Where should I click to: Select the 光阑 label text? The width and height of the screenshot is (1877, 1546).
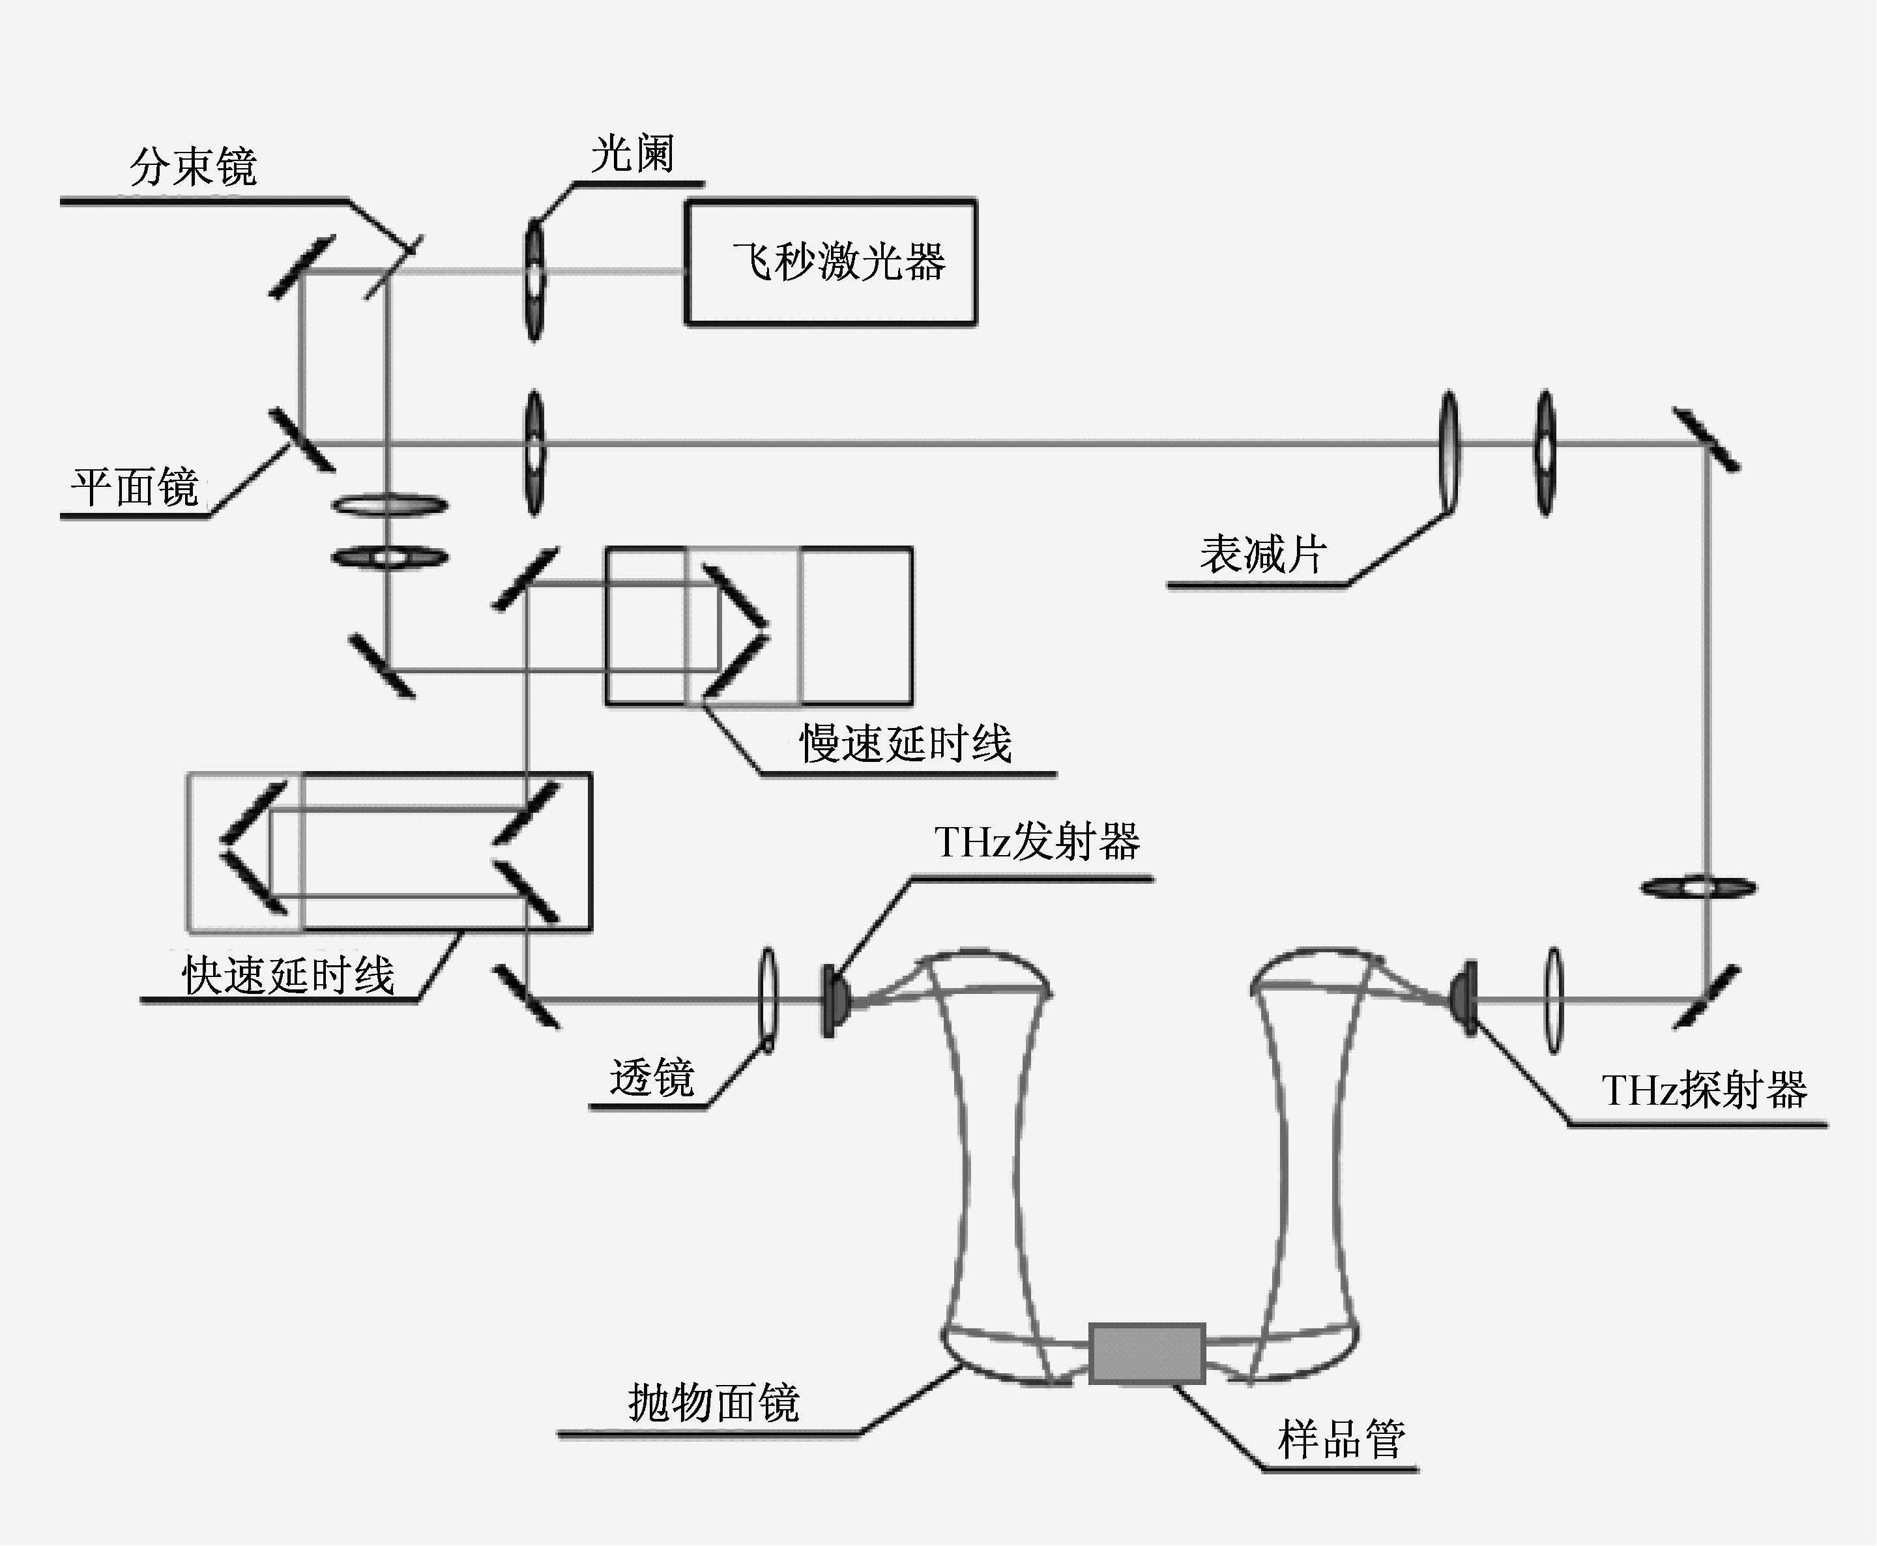tap(632, 153)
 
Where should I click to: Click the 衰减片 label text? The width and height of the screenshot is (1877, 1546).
tap(1262, 554)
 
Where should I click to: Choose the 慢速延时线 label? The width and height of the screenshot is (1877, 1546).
tap(905, 743)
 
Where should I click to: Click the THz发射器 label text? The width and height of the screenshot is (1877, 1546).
tap(1036, 841)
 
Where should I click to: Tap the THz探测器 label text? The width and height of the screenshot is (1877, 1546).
tap(1704, 1089)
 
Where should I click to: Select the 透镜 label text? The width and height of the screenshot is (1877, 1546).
tap(652, 1077)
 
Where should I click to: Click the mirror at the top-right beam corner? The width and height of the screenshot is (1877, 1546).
tap(1705, 440)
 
